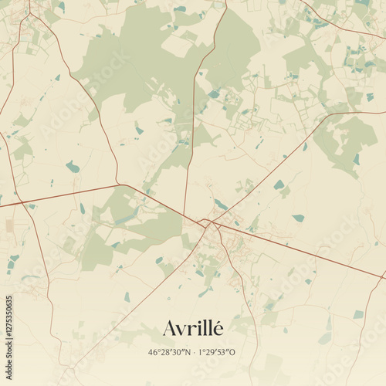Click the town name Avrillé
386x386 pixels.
193,328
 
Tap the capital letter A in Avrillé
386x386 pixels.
170,329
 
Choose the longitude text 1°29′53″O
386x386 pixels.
216,352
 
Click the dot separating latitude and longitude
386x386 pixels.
193,352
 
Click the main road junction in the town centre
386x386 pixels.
206,223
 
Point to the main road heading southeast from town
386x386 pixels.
309,255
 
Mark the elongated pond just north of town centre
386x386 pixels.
221,205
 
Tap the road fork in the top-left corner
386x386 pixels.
30,15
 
